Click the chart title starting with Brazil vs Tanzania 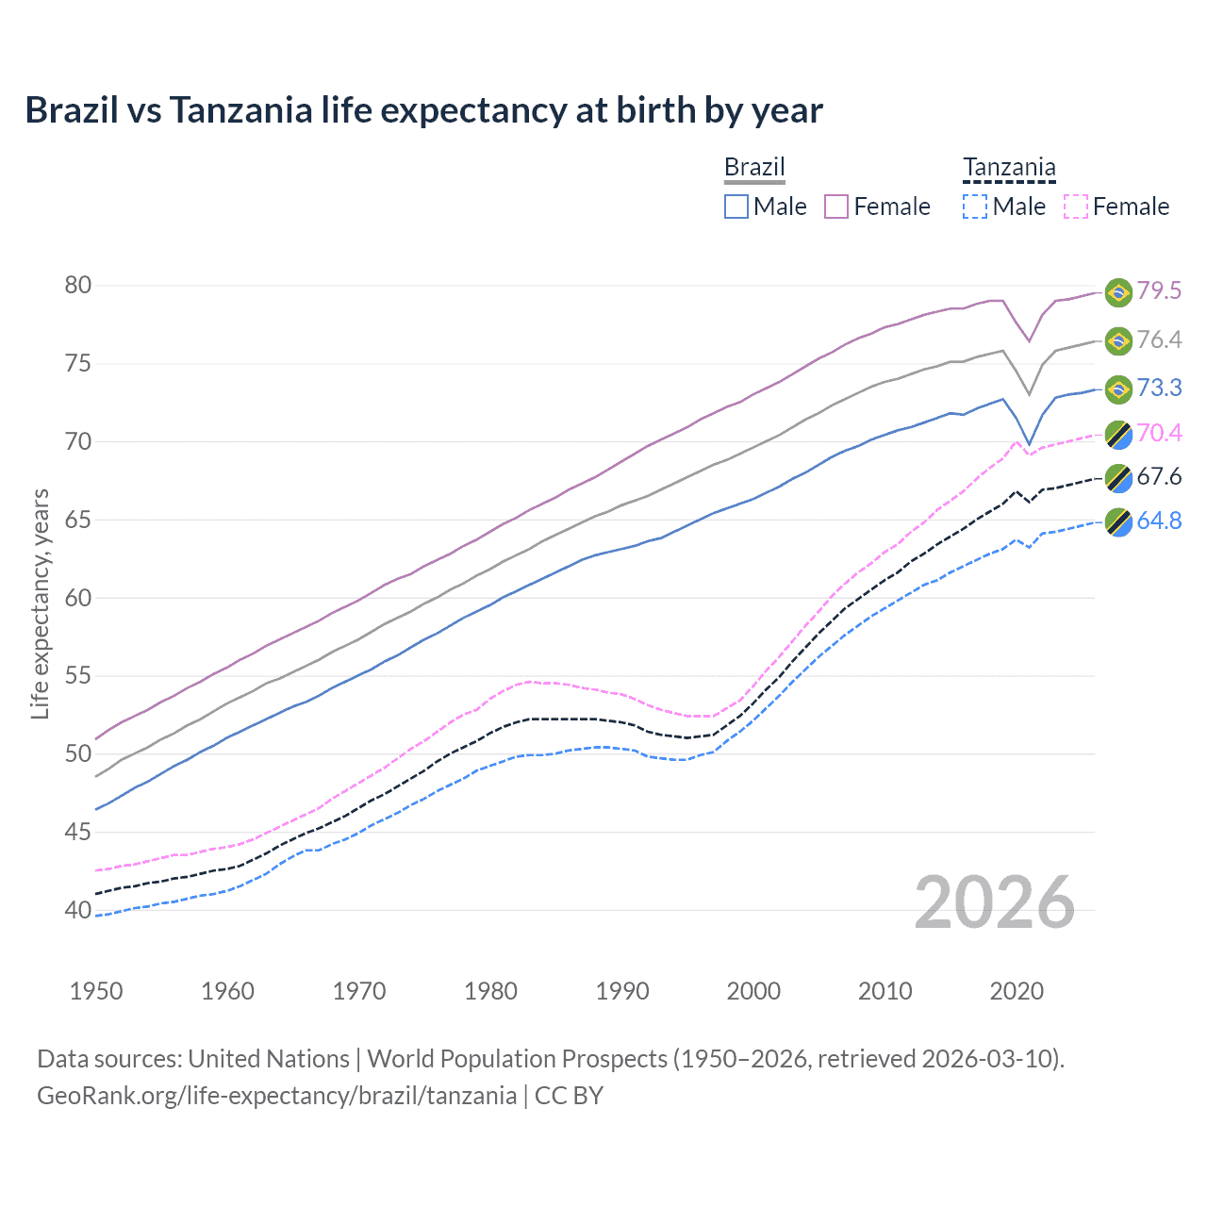pyautogui.click(x=423, y=110)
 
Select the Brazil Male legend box pyautogui.click(x=736, y=207)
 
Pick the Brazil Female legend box pyautogui.click(x=836, y=207)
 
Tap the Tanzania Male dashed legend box pyautogui.click(x=975, y=207)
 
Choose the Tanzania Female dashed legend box pyautogui.click(x=1076, y=207)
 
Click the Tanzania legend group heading pyautogui.click(x=1009, y=168)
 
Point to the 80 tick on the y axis pyautogui.click(x=78, y=285)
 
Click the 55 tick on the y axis pyautogui.click(x=78, y=676)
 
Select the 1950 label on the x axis pyautogui.click(x=96, y=991)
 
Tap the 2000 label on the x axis pyautogui.click(x=753, y=991)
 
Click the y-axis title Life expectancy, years pyautogui.click(x=41, y=603)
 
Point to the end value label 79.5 pyautogui.click(x=1159, y=290)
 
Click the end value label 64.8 pyautogui.click(x=1159, y=521)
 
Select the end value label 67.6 pyautogui.click(x=1159, y=476)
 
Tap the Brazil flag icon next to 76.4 pyautogui.click(x=1118, y=340)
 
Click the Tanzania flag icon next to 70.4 pyautogui.click(x=1118, y=434)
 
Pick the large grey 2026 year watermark pyautogui.click(x=995, y=902)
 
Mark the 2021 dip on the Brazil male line pyautogui.click(x=1030, y=443)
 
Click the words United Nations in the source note pyautogui.click(x=269, y=1059)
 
